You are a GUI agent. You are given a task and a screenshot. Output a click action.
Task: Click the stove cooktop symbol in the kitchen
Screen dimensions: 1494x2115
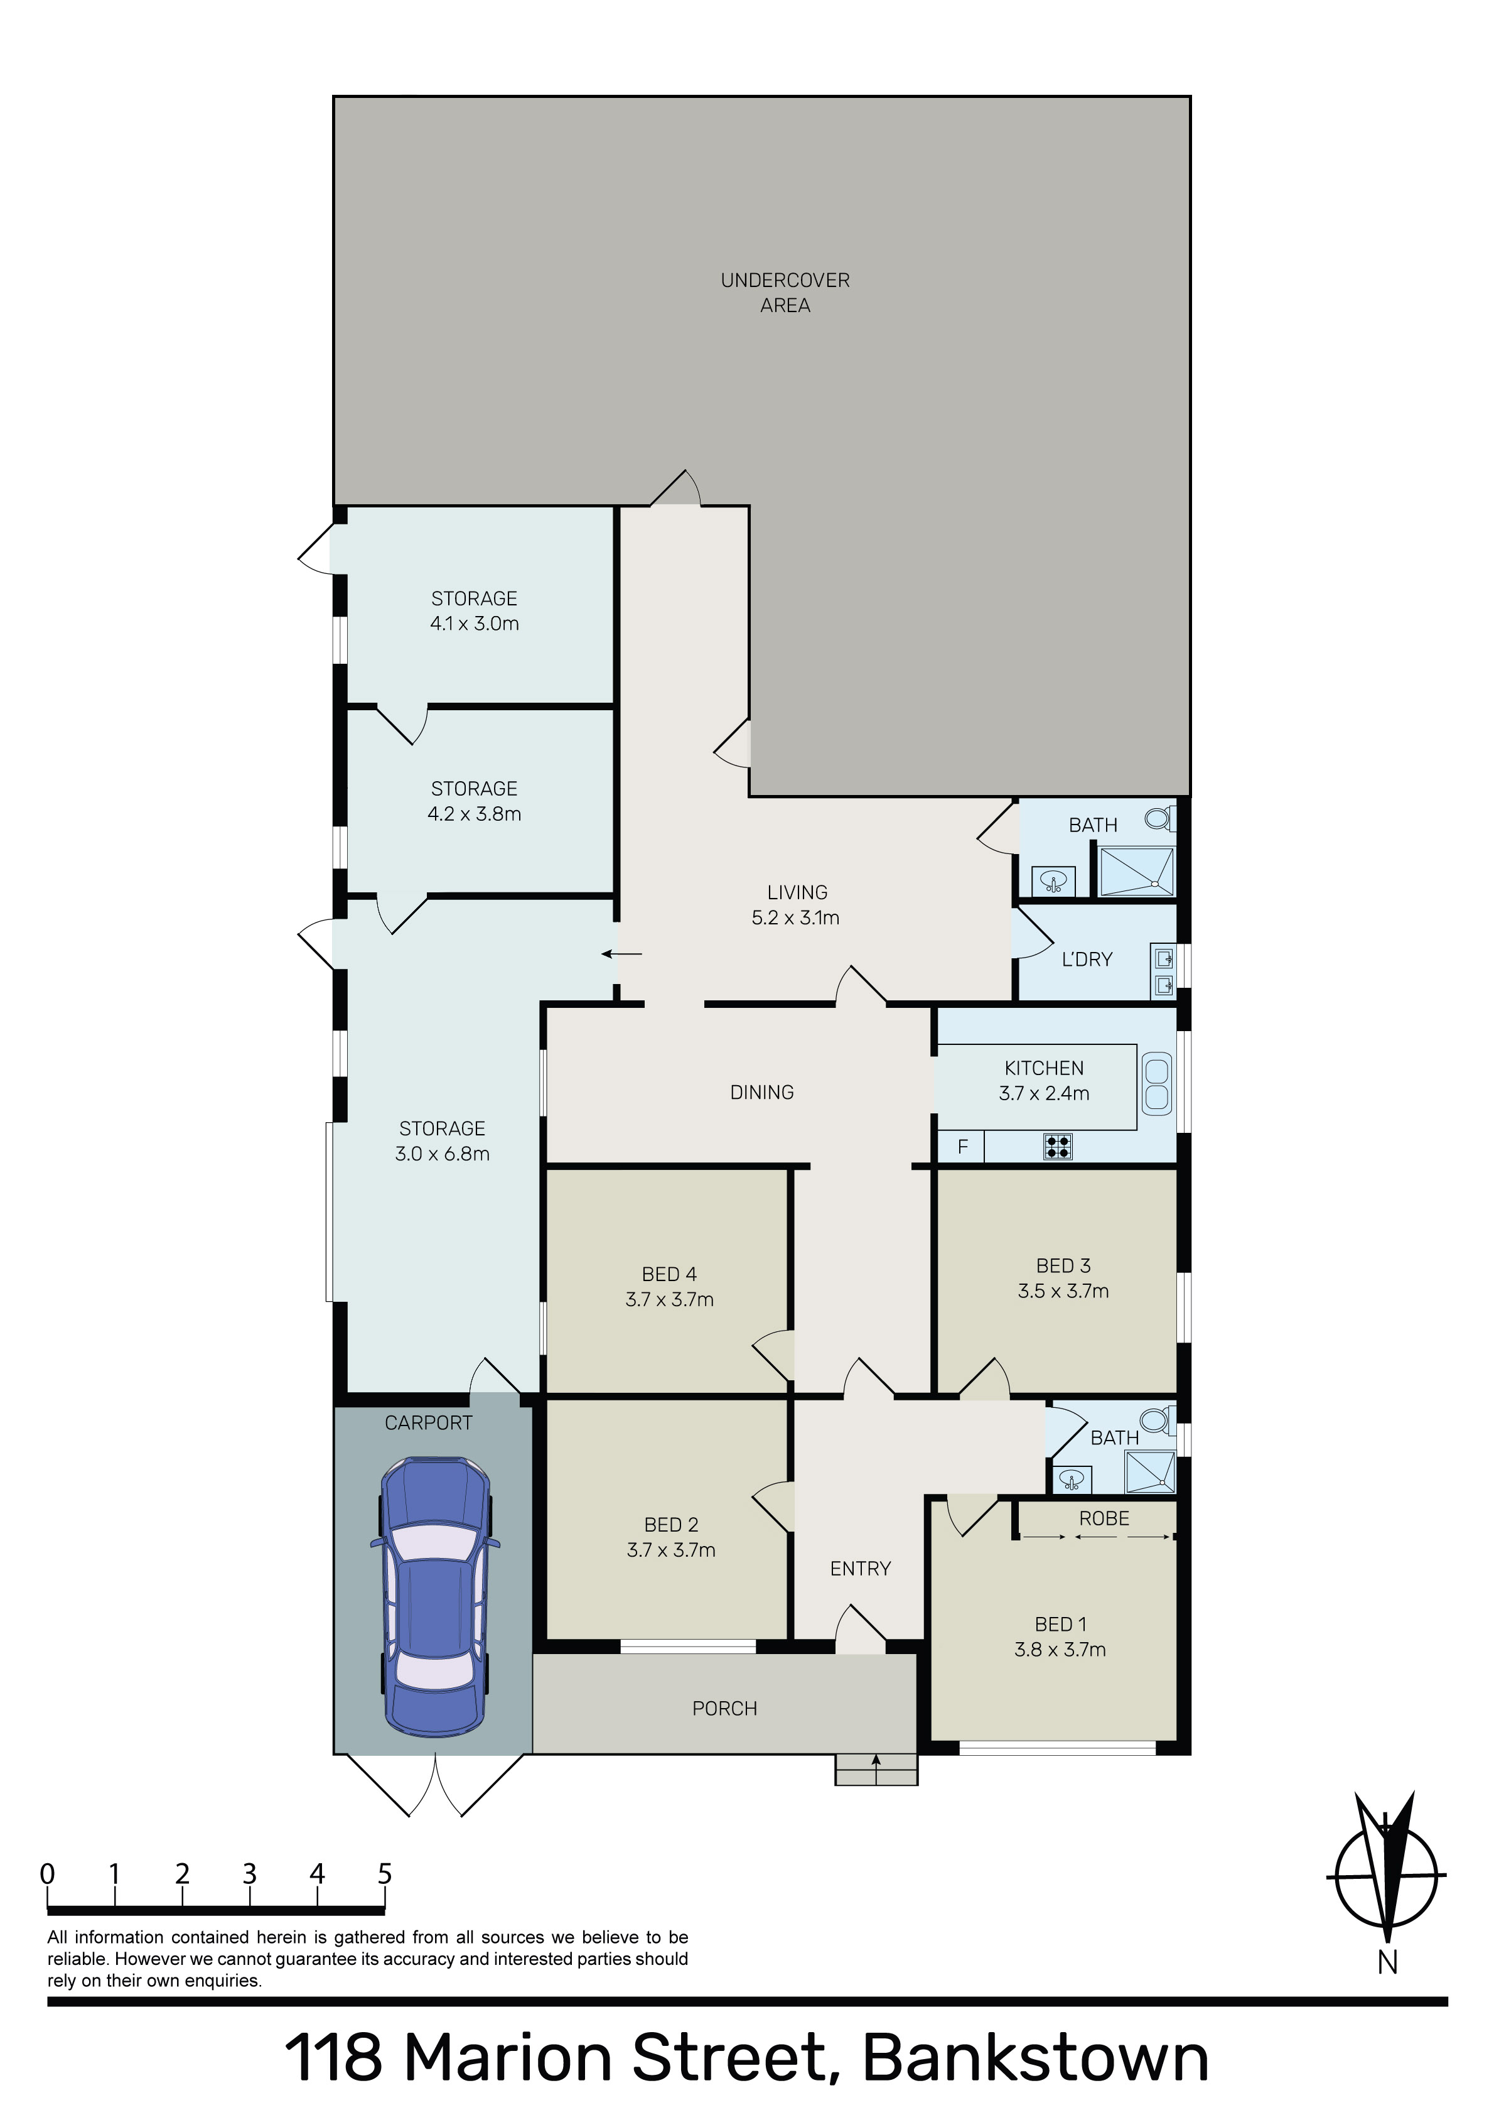pos(1057,1146)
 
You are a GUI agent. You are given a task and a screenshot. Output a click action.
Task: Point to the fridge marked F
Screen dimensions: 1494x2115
pos(962,1147)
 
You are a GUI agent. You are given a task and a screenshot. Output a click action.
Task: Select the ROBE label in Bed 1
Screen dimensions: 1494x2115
pos(1104,1518)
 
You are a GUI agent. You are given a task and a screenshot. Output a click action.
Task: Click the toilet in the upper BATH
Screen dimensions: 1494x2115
pos(1159,817)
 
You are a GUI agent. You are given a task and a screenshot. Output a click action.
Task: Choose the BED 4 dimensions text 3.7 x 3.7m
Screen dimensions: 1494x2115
pos(670,1300)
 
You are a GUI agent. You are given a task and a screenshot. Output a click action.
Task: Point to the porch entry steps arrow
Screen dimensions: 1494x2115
pos(875,1762)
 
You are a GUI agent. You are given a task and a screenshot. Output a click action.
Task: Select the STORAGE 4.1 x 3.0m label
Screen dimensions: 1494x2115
pos(475,611)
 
